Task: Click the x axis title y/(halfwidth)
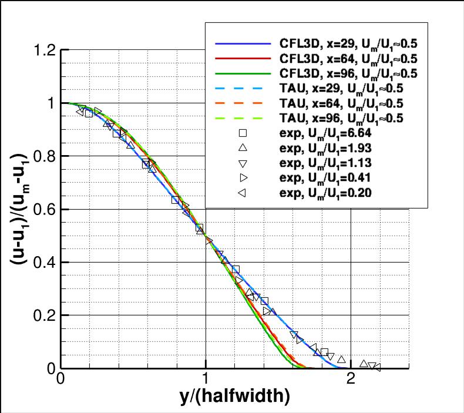[x=234, y=398]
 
